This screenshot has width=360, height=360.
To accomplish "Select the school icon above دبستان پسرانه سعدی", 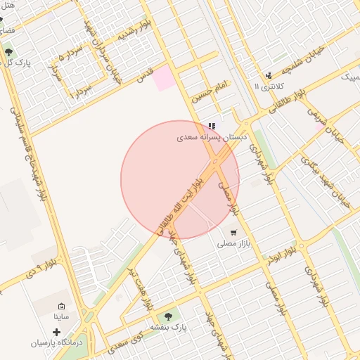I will (x=212, y=126).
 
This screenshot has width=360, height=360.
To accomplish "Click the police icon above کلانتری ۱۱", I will (x=268, y=76).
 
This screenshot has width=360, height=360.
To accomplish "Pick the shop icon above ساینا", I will (x=61, y=307).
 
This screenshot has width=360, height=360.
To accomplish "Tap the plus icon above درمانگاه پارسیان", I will (x=56, y=332).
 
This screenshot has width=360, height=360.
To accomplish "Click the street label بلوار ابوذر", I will (x=285, y=252).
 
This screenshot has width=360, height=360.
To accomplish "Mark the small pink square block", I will (x=165, y=79).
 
